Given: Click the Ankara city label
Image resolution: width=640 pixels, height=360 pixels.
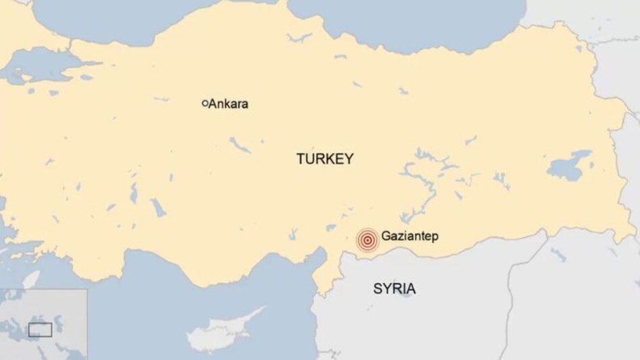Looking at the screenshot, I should (x=228, y=104).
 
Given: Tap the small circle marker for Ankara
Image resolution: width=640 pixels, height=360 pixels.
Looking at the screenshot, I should (x=205, y=103).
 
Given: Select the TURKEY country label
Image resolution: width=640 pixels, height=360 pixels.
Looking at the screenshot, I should (x=325, y=159).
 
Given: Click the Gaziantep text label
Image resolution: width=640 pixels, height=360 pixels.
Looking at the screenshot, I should (x=409, y=237).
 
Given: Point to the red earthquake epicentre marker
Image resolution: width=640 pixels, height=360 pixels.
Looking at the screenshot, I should (x=367, y=240).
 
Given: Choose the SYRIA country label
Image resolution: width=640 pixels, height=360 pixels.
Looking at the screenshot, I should (x=394, y=290).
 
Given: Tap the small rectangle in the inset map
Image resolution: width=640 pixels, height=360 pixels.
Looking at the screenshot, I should (x=40, y=330).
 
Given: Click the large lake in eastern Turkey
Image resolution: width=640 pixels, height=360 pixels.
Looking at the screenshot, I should (x=568, y=165).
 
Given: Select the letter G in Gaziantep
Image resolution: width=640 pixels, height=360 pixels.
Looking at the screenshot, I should (x=385, y=237).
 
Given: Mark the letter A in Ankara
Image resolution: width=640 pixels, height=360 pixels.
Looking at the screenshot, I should (x=213, y=104).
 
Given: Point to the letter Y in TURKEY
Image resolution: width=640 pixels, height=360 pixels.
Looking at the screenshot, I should (x=349, y=159).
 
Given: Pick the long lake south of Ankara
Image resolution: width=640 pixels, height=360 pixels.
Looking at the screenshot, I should (x=240, y=145).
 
